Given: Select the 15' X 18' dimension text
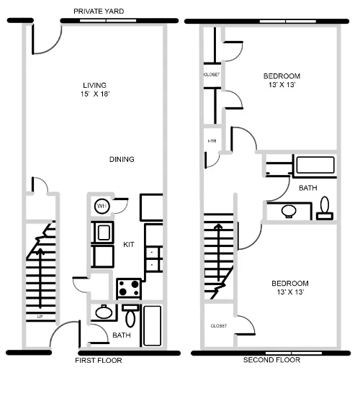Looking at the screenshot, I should pos(94,94).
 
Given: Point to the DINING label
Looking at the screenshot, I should pos(122,160).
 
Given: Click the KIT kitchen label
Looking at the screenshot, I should pos(129,245).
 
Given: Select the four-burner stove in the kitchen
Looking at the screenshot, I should pos(129,288).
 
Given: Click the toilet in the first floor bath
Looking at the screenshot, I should pos(130,316).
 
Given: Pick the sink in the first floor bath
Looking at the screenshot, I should pos(104,312).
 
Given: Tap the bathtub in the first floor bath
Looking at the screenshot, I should pos(153,325).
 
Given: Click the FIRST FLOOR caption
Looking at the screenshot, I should pos(99,360).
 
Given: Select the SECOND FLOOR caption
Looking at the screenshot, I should pos(271,360).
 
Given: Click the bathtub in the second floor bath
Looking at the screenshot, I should pos(315,166).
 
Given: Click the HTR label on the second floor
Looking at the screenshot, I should pos(212,141).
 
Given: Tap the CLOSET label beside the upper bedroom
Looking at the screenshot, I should pos(211,75).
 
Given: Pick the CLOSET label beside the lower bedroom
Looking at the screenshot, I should pos(219,326).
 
